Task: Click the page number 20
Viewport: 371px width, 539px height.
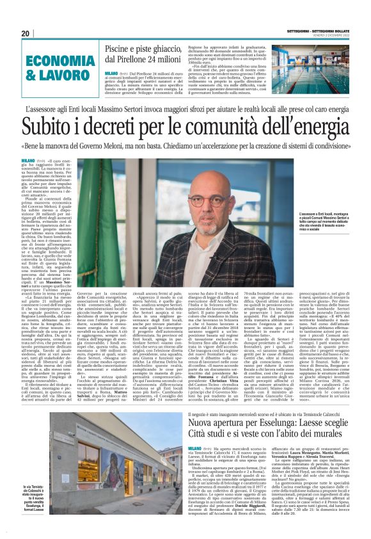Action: click(x=26, y=34)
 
